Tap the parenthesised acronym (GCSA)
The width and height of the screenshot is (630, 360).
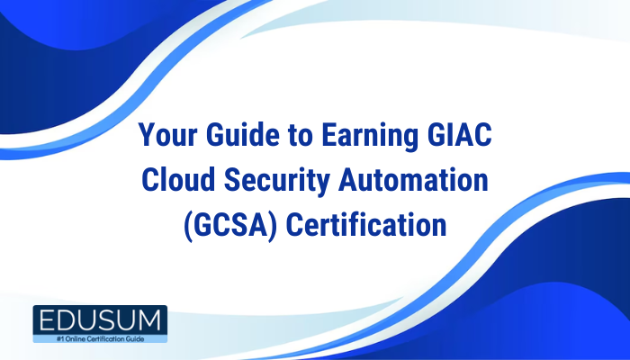pyautogui.click(x=226, y=224)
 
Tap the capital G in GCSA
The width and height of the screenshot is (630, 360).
pyautogui.click(x=200, y=224)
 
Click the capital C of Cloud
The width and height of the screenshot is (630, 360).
pyautogui.click(x=151, y=181)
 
